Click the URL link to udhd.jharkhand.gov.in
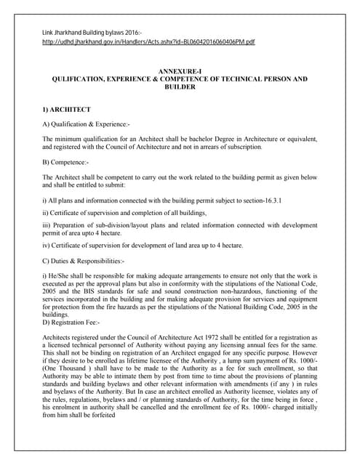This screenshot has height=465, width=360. point(148,43)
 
